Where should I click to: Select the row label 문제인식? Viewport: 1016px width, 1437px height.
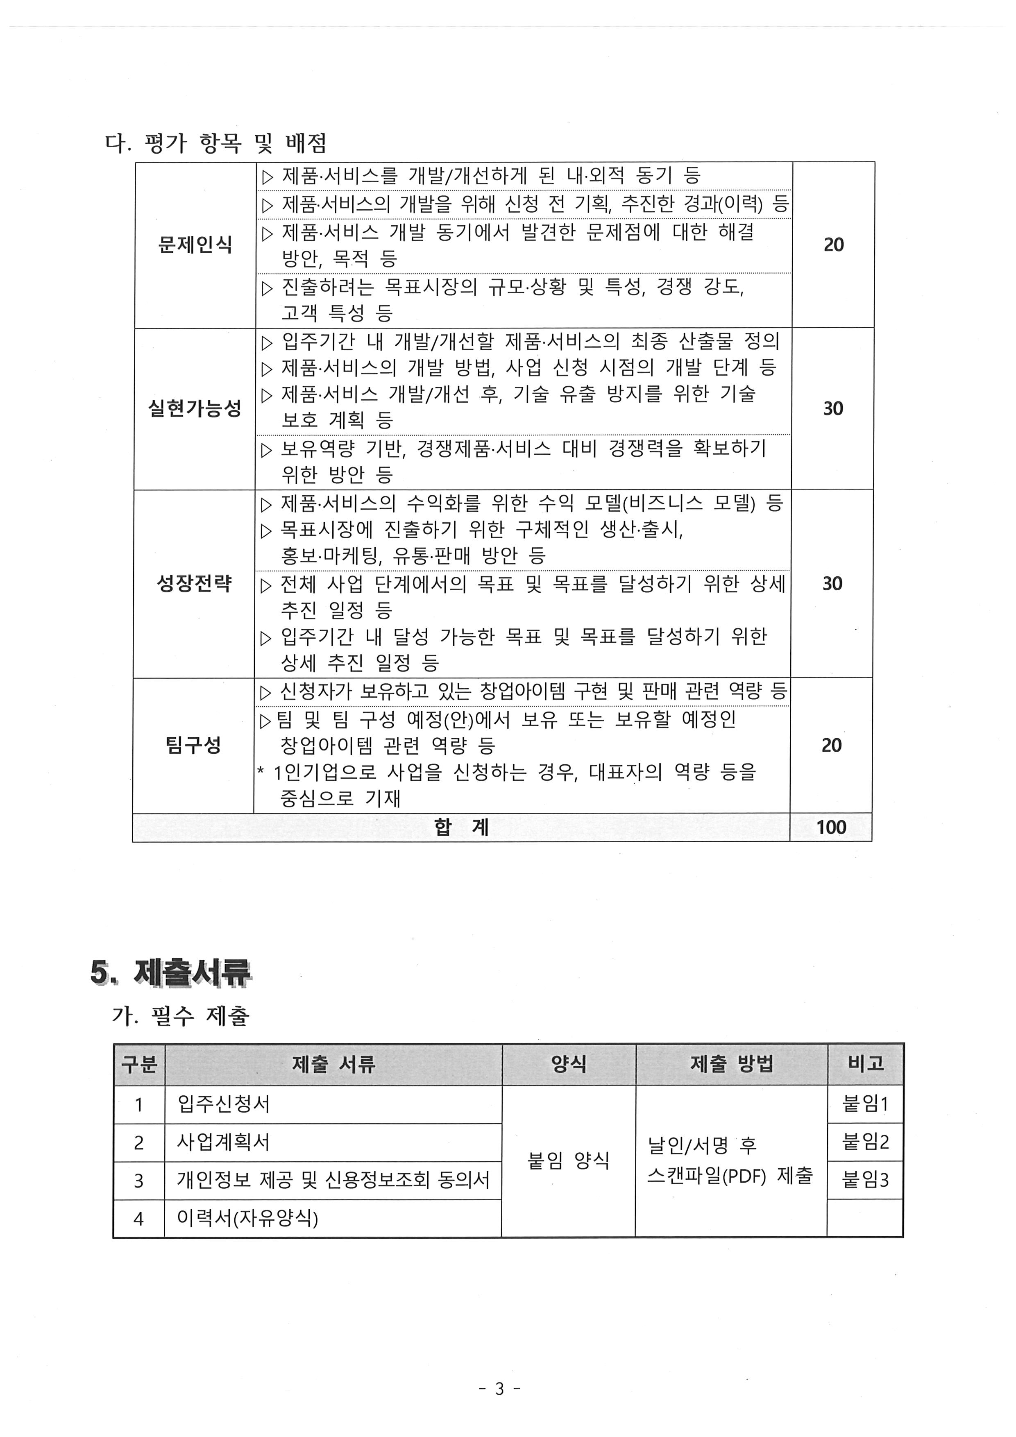click(195, 245)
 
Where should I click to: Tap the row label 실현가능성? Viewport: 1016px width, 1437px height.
click(195, 409)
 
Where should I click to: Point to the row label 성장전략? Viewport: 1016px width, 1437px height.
click(194, 583)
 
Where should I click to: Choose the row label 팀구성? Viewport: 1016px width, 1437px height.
click(193, 745)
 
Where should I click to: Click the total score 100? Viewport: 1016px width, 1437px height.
click(831, 827)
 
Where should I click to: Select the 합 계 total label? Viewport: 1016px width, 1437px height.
click(461, 827)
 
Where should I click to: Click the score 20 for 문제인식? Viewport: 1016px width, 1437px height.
click(833, 245)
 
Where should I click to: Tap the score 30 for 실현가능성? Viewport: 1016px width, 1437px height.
click(832, 409)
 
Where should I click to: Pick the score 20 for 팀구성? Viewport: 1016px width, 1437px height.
click(831, 745)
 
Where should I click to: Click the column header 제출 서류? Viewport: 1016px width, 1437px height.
click(333, 1064)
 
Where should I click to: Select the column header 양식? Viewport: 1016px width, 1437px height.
click(568, 1064)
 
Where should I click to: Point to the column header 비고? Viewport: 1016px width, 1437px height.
click(865, 1063)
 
